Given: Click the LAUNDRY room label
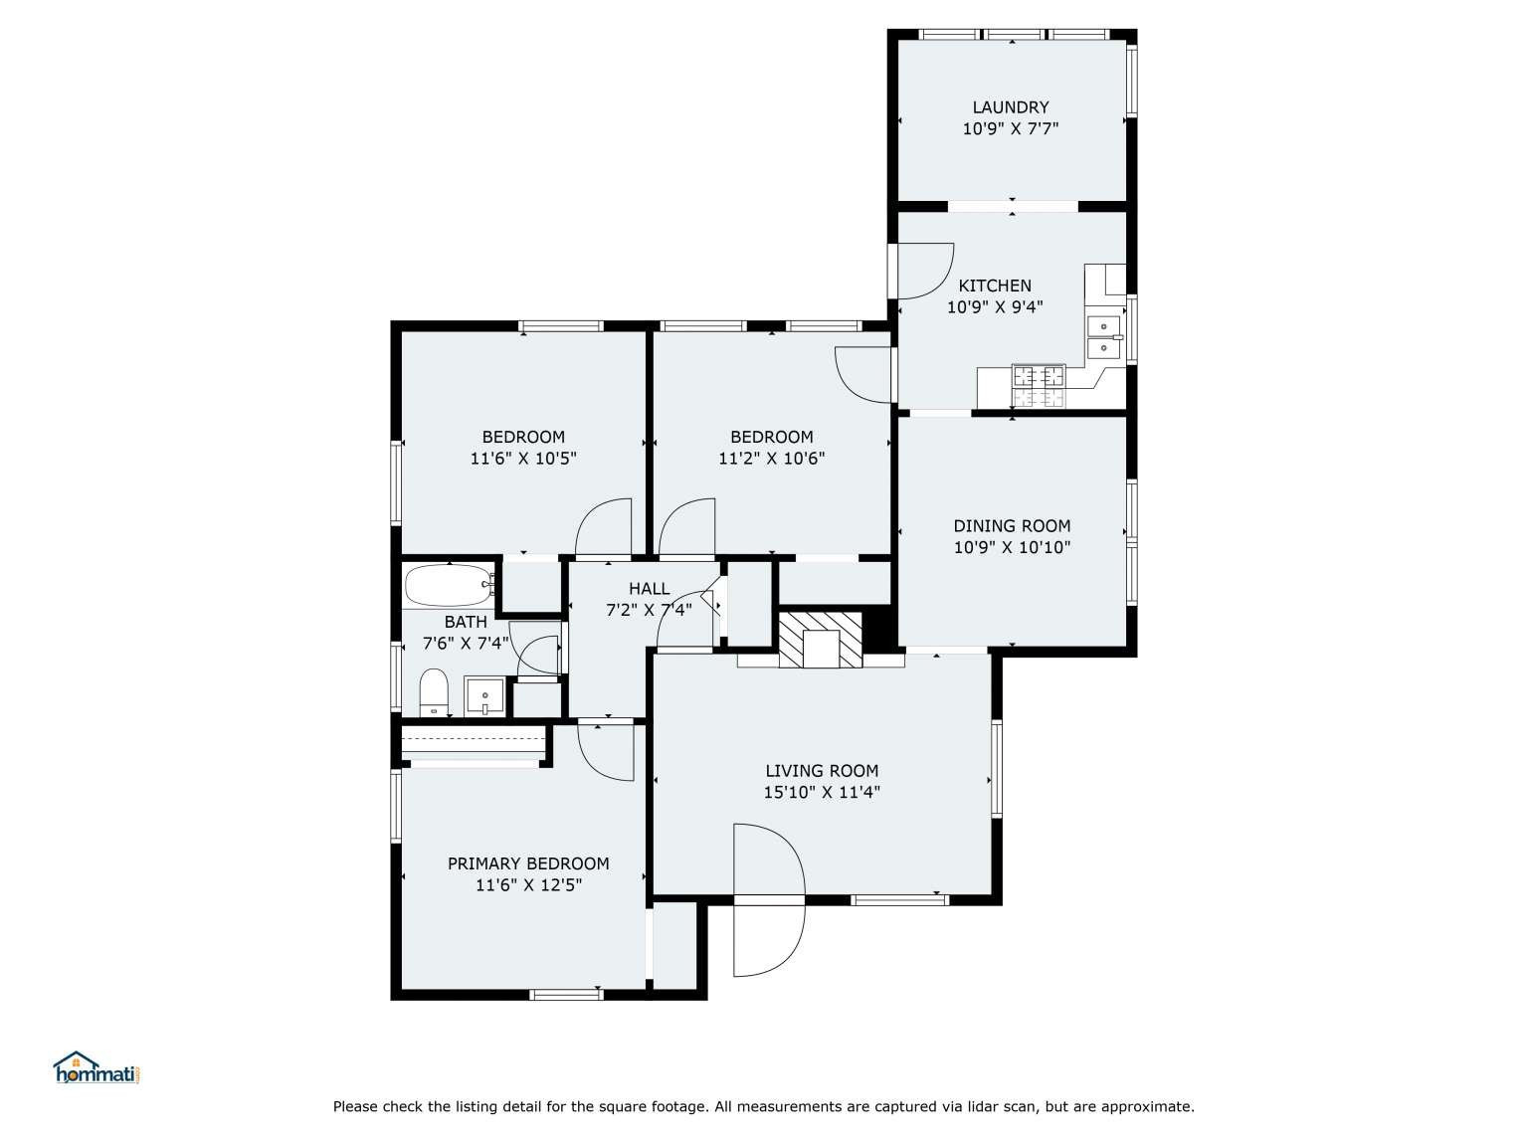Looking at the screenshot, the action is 1010,107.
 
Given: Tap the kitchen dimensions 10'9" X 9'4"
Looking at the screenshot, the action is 995,306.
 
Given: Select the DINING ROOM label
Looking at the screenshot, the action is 1012,526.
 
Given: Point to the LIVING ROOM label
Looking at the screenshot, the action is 822,771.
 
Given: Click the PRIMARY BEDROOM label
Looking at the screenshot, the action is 528,863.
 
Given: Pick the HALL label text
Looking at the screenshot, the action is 649,589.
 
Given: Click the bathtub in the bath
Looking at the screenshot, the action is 449,585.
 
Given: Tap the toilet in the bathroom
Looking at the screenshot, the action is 433,691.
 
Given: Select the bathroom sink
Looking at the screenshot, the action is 484,695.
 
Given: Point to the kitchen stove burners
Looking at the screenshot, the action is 1039,385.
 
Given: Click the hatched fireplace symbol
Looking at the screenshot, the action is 820,640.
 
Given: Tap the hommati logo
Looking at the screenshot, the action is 98,1068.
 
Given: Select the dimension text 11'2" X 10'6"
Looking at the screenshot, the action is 771,459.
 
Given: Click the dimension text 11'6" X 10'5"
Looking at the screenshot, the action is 523,459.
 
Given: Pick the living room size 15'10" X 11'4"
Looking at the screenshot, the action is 822,792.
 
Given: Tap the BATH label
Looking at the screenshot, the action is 466,622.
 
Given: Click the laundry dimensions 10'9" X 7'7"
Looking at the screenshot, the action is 1010,128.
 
